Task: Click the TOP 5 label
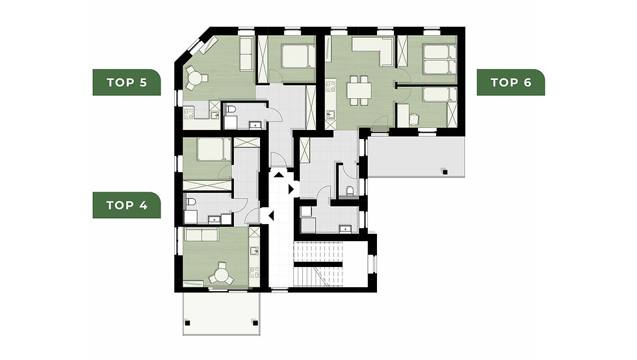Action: click(126, 82)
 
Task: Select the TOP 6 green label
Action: click(510, 82)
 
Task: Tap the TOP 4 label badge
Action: click(126, 205)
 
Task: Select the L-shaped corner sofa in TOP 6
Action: click(374, 52)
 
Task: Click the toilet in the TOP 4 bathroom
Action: click(190, 205)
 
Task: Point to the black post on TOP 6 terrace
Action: click(445, 172)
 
